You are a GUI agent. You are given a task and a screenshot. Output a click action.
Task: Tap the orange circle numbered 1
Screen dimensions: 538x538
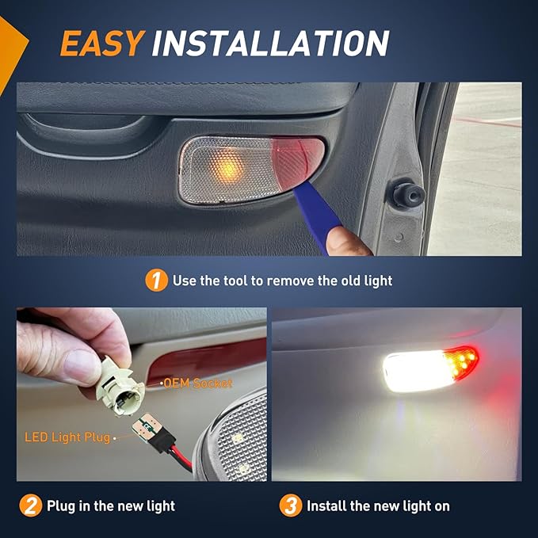(x=156, y=280)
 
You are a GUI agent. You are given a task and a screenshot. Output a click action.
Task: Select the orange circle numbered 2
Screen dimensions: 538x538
(x=31, y=506)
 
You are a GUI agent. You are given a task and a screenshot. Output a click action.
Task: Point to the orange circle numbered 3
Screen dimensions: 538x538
(x=291, y=506)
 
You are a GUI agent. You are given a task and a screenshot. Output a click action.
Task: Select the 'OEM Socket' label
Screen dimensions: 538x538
(x=198, y=383)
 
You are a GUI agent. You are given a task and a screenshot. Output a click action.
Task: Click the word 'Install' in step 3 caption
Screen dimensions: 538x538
(x=327, y=506)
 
